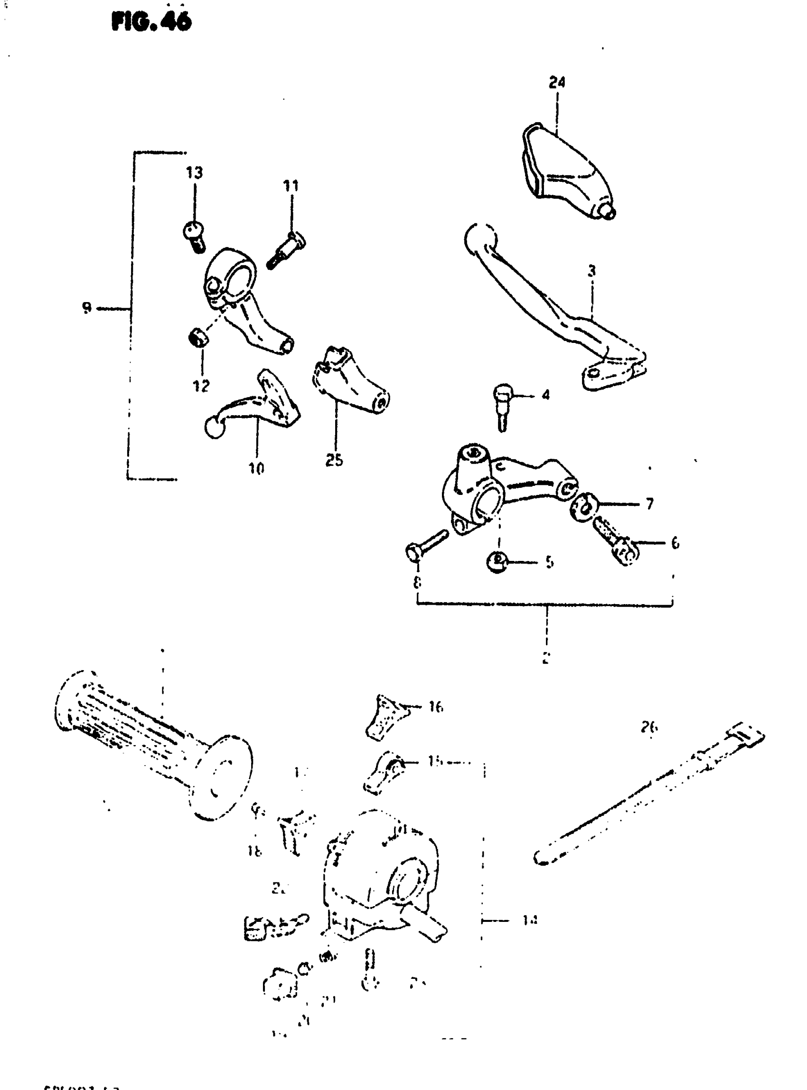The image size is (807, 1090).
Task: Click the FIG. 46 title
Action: pos(151,22)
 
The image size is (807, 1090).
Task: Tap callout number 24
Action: pos(556,83)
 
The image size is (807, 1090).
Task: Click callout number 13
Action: pos(194,172)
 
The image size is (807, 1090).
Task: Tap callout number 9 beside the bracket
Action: pos(86,308)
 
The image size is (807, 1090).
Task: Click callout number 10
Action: pos(256,469)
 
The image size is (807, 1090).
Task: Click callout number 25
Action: pos(334,460)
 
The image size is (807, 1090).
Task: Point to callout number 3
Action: pos(591,271)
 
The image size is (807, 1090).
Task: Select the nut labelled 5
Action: pos(497,561)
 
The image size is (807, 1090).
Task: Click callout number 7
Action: pos(649,503)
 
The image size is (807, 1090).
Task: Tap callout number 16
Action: pos(435,706)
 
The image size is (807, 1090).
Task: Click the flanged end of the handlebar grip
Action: pos(222,777)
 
